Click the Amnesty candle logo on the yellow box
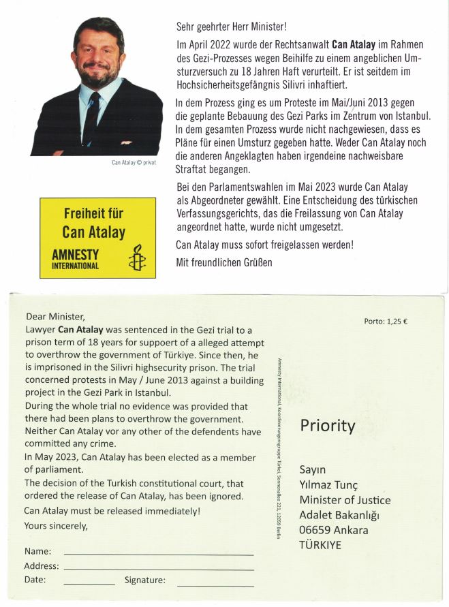137,258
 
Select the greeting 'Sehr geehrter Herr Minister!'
231,27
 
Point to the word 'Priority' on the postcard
328,426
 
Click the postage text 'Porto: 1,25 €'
386,321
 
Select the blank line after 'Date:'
89,583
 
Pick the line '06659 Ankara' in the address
334,530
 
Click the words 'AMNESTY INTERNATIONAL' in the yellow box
76,259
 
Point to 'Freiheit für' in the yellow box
93,213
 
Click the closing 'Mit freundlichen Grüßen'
224,262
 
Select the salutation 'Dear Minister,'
55,316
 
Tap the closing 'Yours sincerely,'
56,525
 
